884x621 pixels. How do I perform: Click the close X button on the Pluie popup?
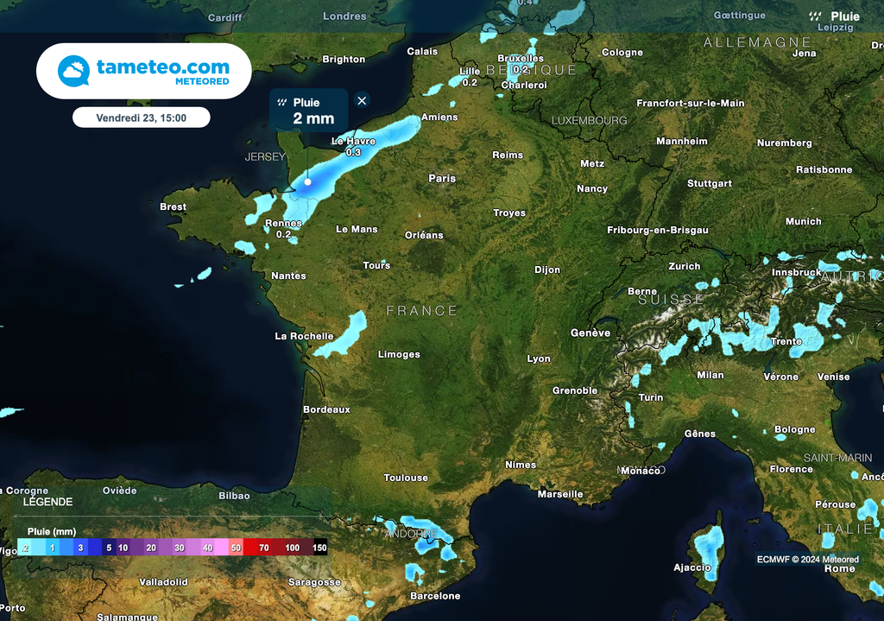coord(362,101)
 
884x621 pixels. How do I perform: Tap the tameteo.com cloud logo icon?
coord(74,71)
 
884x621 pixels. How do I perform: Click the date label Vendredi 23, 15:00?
coord(141,117)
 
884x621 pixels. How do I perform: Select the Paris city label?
coord(442,178)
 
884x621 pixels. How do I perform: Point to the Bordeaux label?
coord(326,409)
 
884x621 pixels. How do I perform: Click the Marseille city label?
coord(560,494)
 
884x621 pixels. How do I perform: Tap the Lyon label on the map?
coord(539,358)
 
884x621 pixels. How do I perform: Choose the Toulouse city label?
coord(406,478)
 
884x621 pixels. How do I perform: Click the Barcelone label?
coord(435,596)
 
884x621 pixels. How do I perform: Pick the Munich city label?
coord(803,222)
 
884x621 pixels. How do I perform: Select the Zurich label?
coord(684,266)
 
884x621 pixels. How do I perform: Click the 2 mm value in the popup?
coord(313,118)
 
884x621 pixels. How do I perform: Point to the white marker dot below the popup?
coord(307,182)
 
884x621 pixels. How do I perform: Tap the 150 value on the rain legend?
coord(319,548)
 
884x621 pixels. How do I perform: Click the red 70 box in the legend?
coord(263,548)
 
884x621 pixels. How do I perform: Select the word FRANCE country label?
coord(421,310)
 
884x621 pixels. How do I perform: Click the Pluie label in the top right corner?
coord(844,16)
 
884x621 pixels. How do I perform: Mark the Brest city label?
coord(173,206)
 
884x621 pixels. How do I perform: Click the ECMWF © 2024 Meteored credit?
coord(807,559)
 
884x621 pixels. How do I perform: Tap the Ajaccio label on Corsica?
coord(692,567)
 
